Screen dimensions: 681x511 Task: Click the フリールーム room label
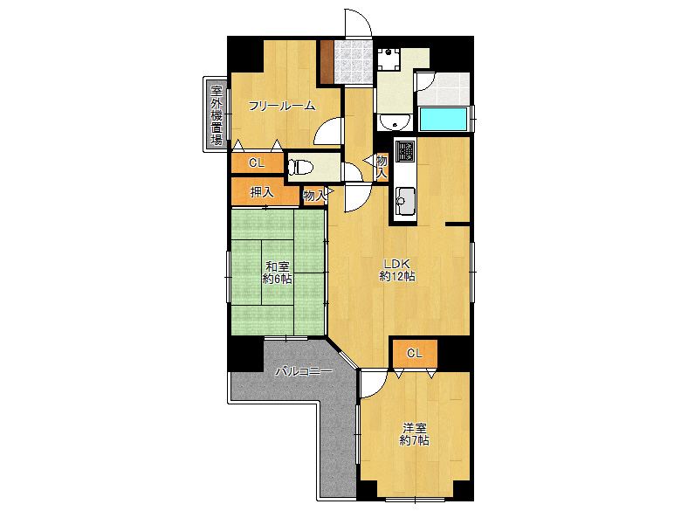pos(281,105)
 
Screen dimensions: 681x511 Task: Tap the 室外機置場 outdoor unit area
pos(216,114)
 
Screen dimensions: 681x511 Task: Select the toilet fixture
pos(300,167)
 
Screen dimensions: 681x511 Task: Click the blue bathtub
pos(443,119)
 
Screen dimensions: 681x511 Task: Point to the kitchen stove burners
pos(407,150)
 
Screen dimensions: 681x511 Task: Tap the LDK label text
pos(396,264)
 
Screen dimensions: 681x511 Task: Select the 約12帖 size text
pos(397,276)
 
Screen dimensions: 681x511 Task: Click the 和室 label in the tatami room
pos(278,266)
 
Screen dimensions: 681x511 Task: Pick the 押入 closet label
pos(262,192)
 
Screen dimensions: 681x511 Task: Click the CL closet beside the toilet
pos(257,163)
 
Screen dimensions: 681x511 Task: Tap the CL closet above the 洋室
pos(415,353)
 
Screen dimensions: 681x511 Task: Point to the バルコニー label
pos(304,371)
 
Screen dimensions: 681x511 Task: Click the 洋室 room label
pos(415,428)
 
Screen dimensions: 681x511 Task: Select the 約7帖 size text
pos(415,440)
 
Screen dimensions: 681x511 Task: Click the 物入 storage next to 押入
pos(314,196)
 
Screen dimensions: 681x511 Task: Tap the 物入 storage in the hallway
pos(382,166)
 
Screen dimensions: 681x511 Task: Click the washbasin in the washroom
pos(395,122)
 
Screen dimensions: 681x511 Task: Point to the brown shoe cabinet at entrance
pos(327,61)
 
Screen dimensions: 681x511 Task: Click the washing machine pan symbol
pos(389,59)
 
